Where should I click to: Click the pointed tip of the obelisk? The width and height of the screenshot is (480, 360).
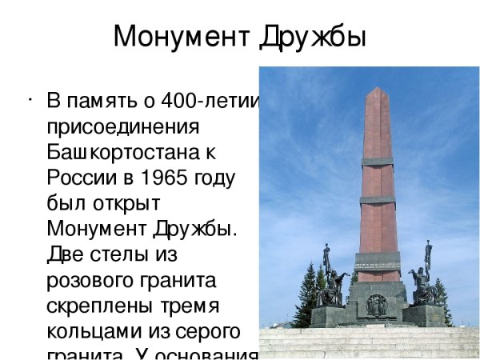click(378, 90)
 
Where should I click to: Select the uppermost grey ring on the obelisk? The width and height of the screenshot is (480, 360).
click(378, 162)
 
